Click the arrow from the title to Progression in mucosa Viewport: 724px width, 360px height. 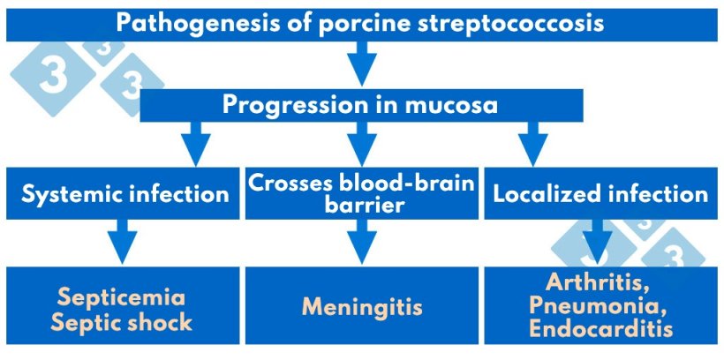(362, 64)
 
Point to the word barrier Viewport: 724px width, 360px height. (362, 206)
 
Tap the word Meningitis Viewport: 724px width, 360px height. (362, 308)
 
